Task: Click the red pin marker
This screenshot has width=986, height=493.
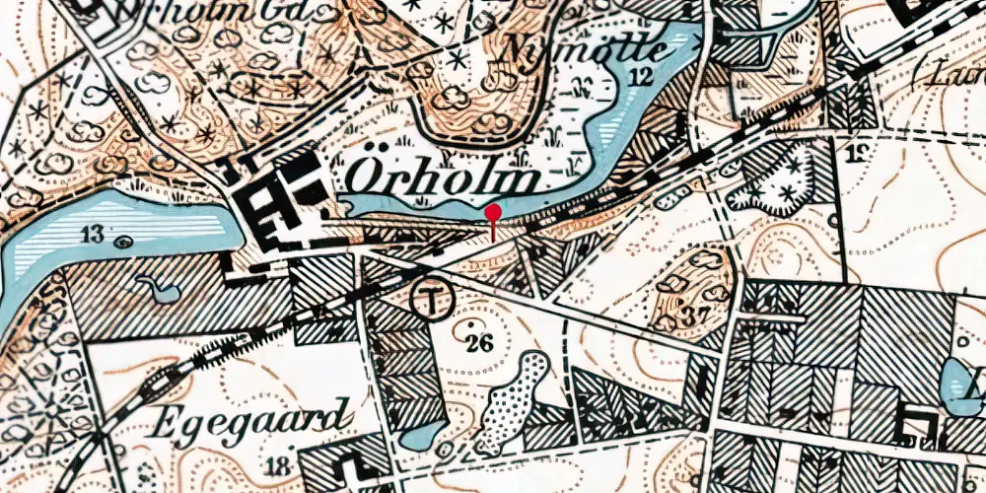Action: click(x=493, y=211)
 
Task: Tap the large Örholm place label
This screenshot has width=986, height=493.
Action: click(x=444, y=179)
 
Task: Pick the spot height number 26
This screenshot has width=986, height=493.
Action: click(x=479, y=342)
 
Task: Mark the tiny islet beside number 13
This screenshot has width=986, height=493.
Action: click(x=122, y=241)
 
